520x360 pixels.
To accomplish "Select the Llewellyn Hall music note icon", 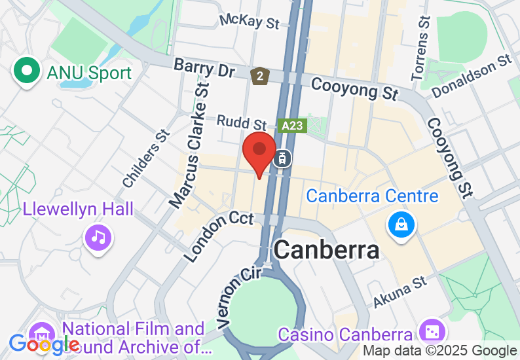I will point(98,236).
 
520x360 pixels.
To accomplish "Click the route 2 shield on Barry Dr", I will point(261,77).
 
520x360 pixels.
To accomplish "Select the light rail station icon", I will point(283,158).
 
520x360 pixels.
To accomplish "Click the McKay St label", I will point(249,22).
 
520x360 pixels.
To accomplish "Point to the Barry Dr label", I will point(204,68).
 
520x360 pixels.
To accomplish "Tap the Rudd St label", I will point(242,122).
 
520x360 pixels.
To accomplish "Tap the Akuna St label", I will point(400,292).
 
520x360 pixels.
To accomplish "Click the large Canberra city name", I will point(326,249).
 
